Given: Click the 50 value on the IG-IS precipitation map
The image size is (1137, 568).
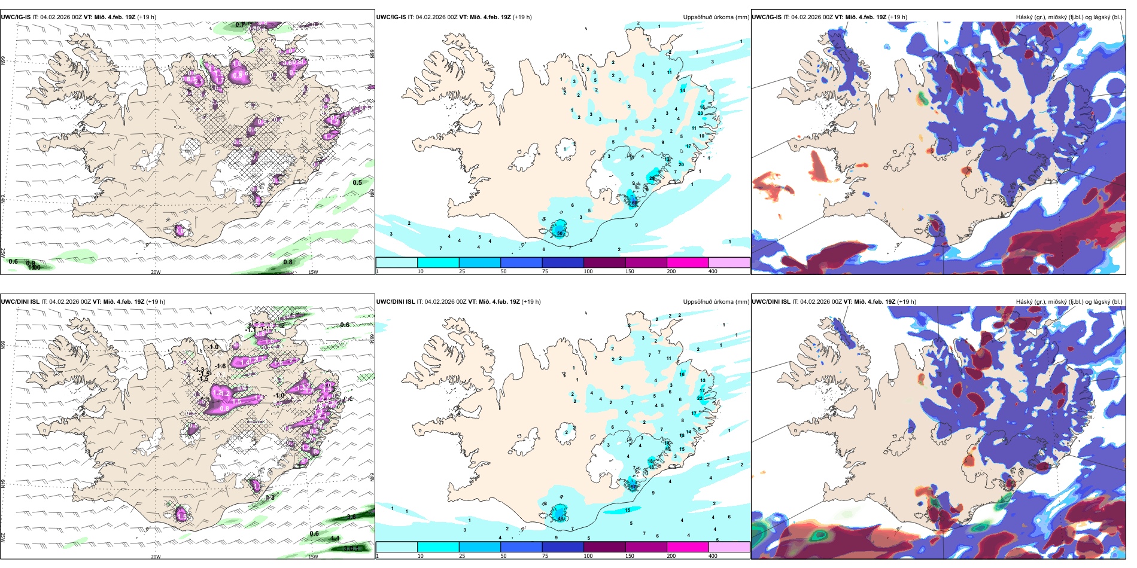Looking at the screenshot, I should (560, 233).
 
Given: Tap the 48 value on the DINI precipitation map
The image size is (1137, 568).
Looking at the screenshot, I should (561, 518).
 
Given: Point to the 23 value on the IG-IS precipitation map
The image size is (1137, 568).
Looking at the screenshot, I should (701, 113).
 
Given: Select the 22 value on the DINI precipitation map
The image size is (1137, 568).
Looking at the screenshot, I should (700, 398).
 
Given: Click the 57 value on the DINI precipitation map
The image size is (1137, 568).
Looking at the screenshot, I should (633, 487).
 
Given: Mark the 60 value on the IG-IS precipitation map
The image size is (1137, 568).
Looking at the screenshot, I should (634, 203).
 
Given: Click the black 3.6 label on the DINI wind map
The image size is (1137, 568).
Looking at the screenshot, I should (351, 517).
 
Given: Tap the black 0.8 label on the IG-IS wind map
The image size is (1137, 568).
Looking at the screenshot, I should (288, 262).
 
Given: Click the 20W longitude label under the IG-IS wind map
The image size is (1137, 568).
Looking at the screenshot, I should (156, 272).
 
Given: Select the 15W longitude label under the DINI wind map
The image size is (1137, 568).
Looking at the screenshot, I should (312, 557).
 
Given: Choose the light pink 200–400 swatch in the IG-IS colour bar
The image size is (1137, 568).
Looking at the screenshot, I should (729, 262).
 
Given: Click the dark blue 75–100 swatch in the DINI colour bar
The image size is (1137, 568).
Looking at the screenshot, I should (563, 547).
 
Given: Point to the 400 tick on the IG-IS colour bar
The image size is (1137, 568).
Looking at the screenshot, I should (713, 271).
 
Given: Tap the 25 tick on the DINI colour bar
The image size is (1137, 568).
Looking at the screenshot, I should (462, 556).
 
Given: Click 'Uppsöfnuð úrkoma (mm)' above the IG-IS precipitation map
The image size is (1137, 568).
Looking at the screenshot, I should (716, 17).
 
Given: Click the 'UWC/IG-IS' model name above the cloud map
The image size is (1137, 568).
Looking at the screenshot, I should (767, 17).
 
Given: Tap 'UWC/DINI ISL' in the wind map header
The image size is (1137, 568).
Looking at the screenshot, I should (20, 302).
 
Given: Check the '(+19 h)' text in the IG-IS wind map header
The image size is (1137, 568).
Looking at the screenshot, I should (147, 17).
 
